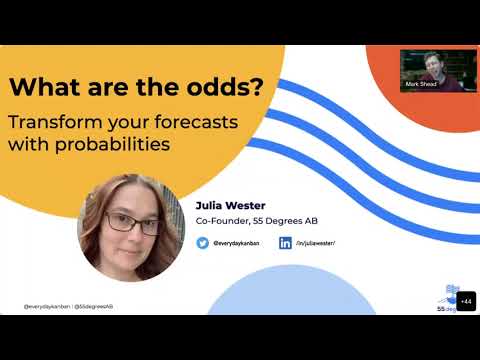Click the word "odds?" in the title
coord(228,88)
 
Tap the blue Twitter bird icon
coord(203,242)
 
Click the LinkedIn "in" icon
coord(285,242)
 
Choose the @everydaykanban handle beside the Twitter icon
coord(237,243)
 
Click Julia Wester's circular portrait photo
coord(131,227)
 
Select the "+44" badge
coord(466,301)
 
